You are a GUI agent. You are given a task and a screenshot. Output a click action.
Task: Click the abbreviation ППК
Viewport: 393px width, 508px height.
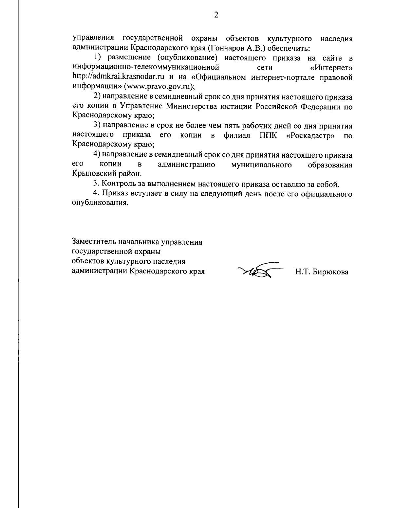pyautogui.click(x=268, y=135)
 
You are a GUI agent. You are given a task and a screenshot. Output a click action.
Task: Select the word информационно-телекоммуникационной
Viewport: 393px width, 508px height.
pyautogui.click(x=145, y=68)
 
